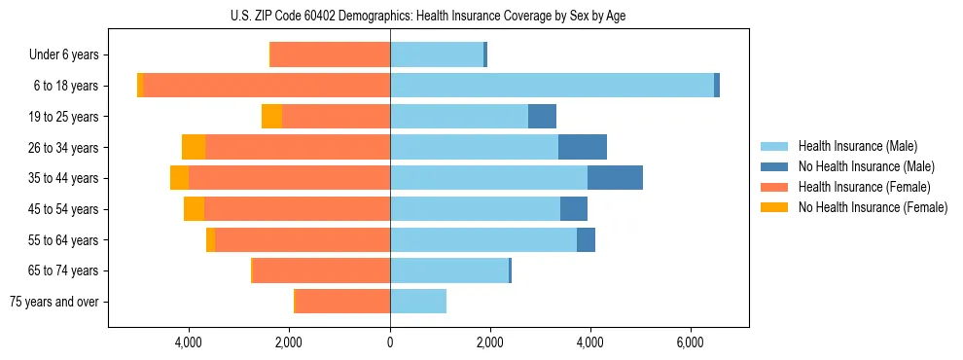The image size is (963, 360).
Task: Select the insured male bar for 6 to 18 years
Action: tap(552, 86)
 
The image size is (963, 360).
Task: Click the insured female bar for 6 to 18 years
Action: tap(267, 86)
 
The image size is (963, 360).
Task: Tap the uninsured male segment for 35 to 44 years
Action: tap(615, 178)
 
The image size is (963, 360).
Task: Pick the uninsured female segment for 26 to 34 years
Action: tap(194, 147)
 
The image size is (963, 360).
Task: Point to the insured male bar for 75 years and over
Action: tap(418, 302)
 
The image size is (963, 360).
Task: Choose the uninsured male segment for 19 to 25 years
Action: tap(542, 117)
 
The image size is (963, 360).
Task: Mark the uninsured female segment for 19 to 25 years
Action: tap(271, 117)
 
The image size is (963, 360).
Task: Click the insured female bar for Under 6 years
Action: tap(330, 54)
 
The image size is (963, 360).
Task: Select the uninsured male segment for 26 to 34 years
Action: tap(583, 147)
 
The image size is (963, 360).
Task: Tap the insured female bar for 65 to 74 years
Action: tap(321, 270)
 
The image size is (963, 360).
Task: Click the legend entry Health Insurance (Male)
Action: tap(857, 146)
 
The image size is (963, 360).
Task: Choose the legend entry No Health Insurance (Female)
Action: tap(873, 207)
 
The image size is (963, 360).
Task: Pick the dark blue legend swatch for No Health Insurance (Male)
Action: tap(775, 166)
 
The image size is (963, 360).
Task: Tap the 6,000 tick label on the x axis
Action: tap(690, 342)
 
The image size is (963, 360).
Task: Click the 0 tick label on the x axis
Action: tap(390, 342)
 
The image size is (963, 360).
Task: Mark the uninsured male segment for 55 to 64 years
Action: tap(586, 240)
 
